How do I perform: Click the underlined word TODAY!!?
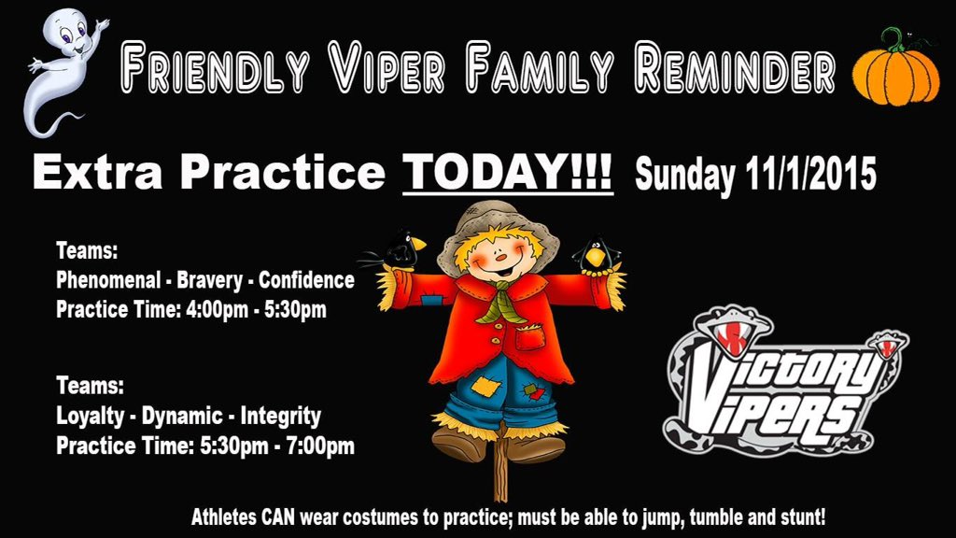tap(508, 173)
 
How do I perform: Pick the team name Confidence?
tap(306, 280)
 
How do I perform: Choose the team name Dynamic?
tap(182, 416)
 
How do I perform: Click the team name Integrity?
tap(280, 416)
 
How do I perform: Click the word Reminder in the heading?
tap(734, 69)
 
